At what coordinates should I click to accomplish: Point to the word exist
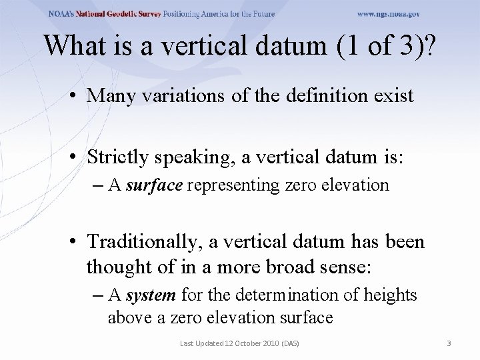(x=394, y=96)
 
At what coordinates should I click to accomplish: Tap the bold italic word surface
(x=154, y=185)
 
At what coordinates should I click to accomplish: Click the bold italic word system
(x=151, y=295)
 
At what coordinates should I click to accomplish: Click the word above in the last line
(x=129, y=317)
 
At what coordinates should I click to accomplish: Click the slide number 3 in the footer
(x=449, y=343)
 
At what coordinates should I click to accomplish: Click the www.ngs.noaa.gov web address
(x=389, y=14)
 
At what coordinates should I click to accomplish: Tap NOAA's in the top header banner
(x=61, y=14)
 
